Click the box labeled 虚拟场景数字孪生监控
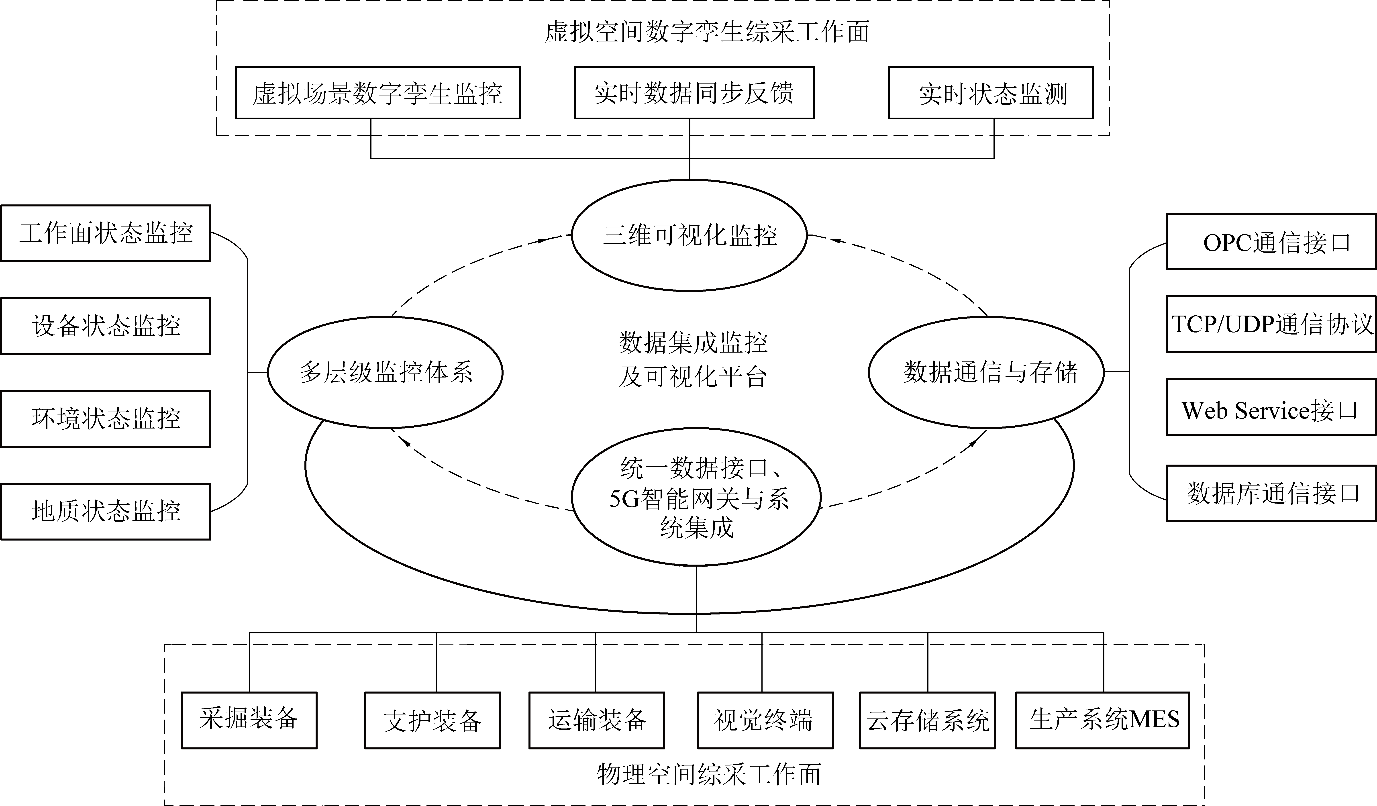point(377,93)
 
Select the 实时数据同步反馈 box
point(694,93)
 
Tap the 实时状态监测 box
point(991,93)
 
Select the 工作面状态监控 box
point(106,233)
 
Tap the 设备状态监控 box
point(106,326)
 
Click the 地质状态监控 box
point(106,512)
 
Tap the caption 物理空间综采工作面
point(709,774)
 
